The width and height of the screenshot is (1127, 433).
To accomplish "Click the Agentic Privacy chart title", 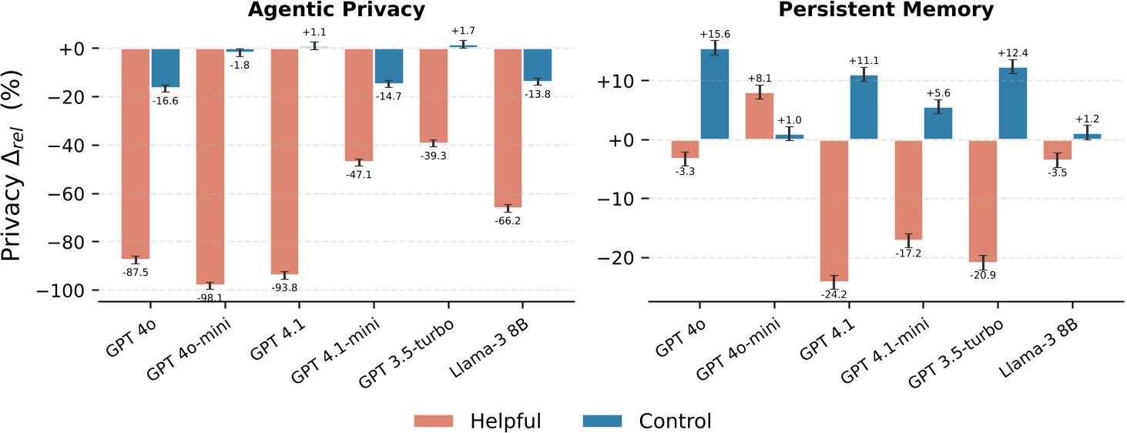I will pyautogui.click(x=336, y=10).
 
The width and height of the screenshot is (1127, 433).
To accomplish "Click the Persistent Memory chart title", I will pyautogui.click(x=886, y=10).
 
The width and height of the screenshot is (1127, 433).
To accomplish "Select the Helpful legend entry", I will pyautogui.click(x=478, y=421).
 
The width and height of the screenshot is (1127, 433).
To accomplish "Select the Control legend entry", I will pyautogui.click(x=646, y=421).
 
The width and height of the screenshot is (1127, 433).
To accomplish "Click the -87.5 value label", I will pyautogui.click(x=135, y=272).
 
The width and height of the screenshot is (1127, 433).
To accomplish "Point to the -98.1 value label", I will pyautogui.click(x=210, y=297).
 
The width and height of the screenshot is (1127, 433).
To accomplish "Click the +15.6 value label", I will pyautogui.click(x=715, y=35).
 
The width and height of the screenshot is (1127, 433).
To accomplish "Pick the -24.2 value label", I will pyautogui.click(x=834, y=294).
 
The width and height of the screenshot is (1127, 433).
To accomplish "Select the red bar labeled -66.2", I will pyautogui.click(x=508, y=128).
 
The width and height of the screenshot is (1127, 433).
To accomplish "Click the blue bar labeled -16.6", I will pyautogui.click(x=165, y=68).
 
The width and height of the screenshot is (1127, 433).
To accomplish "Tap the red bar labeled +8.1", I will pyautogui.click(x=759, y=116).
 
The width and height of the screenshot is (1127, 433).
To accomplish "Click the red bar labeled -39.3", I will pyautogui.click(x=433, y=96).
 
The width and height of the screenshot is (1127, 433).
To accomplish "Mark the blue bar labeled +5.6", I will pyautogui.click(x=938, y=123).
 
